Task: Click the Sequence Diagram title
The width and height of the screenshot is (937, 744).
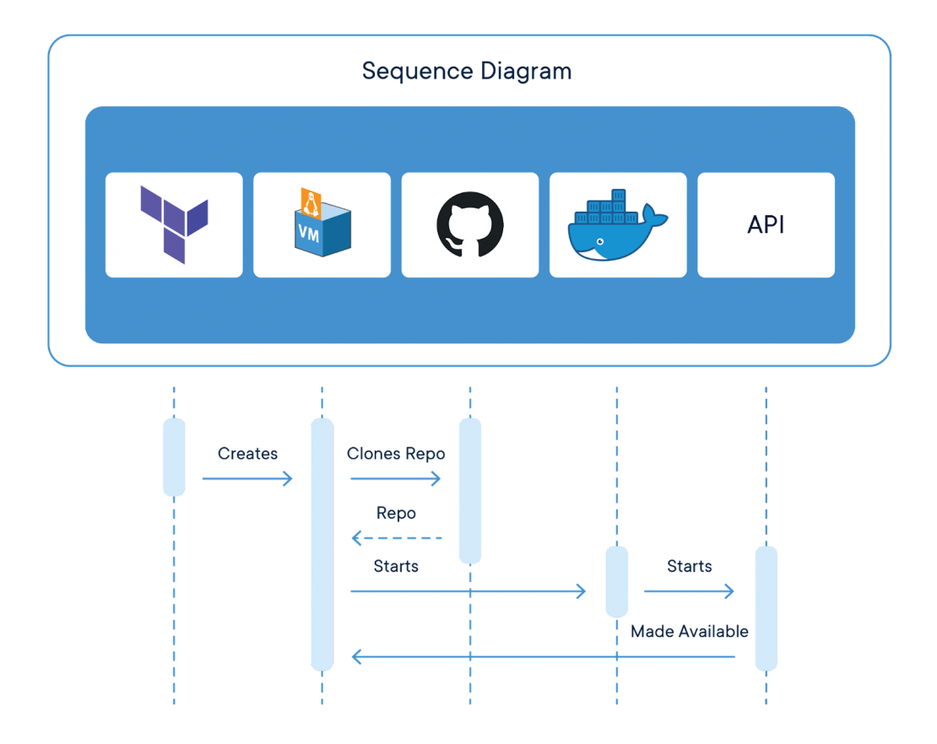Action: click(x=467, y=71)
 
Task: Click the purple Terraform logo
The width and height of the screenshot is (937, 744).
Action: click(x=174, y=224)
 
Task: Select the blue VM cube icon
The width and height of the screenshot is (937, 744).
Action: click(x=322, y=224)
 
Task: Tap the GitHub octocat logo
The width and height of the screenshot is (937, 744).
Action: click(x=469, y=224)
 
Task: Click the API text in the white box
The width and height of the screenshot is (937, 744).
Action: click(x=766, y=225)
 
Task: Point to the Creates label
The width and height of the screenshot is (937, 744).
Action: click(x=247, y=454)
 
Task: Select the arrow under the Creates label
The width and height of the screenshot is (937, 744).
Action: click(x=247, y=478)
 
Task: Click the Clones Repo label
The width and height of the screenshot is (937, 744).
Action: click(x=396, y=454)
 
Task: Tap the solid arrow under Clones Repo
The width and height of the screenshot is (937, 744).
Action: click(x=396, y=478)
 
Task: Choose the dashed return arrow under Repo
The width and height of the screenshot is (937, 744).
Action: click(x=396, y=537)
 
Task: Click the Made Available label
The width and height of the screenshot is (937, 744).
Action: click(x=689, y=631)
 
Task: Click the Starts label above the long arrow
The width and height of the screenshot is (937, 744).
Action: click(x=396, y=567)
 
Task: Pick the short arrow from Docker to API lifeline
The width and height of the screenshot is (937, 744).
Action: click(x=689, y=591)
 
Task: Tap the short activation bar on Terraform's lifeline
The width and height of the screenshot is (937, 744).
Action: click(x=174, y=456)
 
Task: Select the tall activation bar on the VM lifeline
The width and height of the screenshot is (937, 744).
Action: click(x=322, y=544)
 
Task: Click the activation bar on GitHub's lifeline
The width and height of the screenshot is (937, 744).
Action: click(x=469, y=490)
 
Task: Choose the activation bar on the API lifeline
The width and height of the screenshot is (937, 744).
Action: click(x=766, y=607)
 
